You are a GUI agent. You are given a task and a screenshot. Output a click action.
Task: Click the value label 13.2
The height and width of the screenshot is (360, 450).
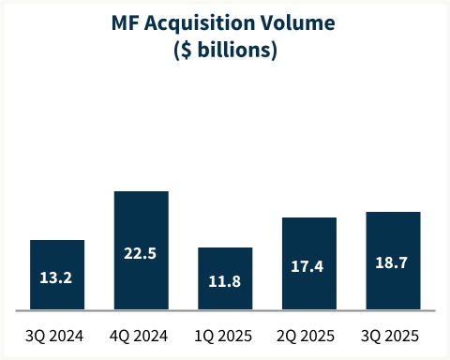click(57, 278)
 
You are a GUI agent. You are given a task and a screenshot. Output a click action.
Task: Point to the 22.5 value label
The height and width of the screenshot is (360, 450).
click(141, 252)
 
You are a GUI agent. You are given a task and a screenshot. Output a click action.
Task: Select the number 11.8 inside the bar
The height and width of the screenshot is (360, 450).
click(225, 281)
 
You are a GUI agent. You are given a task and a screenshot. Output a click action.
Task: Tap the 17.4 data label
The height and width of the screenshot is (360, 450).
click(309, 266)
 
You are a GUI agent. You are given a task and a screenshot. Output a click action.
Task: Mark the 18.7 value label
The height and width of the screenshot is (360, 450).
click(393, 263)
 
